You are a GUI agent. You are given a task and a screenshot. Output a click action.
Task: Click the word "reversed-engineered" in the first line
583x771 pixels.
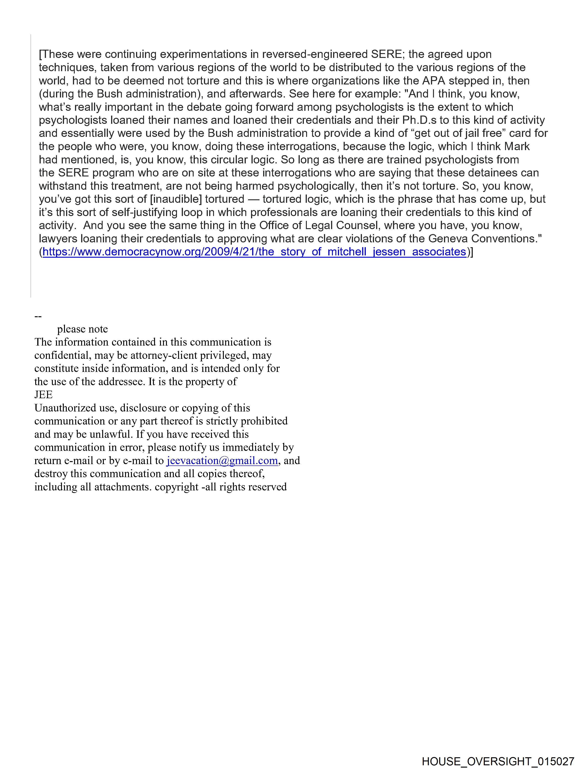[x=315, y=54]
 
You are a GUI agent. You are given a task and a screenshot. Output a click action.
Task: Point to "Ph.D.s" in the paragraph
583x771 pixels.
[x=419, y=120]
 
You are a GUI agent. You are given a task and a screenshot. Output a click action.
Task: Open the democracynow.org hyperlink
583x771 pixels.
[x=254, y=252]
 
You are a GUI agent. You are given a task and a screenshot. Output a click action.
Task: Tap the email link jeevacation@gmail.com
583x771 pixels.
[x=222, y=461]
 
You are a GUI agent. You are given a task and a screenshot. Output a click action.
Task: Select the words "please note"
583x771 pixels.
[x=83, y=329]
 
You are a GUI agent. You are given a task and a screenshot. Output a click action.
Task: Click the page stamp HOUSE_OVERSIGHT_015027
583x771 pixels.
[x=498, y=761]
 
